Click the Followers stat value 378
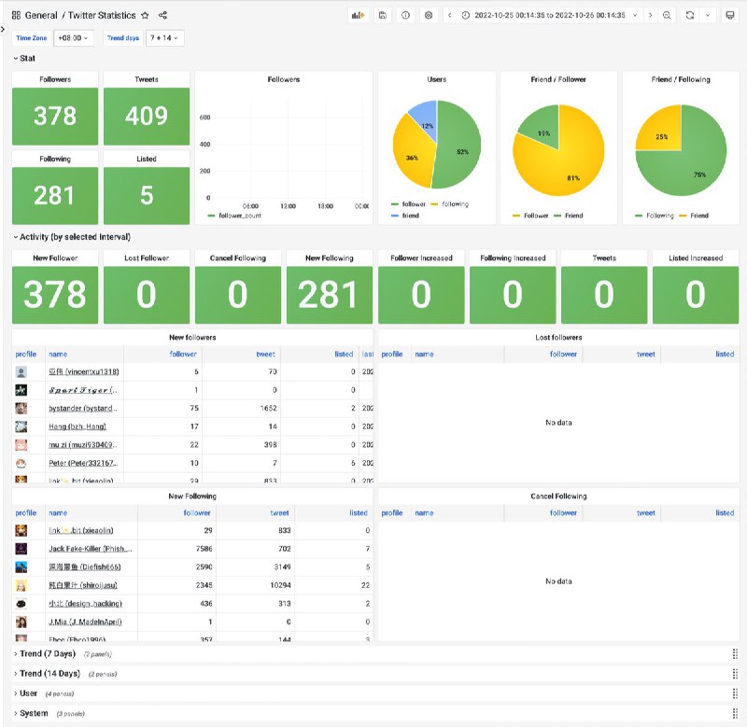point(54,116)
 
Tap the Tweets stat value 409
point(146,116)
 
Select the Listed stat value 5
point(146,195)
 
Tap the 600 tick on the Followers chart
point(204,117)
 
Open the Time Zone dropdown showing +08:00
point(74,38)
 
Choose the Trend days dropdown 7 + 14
point(164,38)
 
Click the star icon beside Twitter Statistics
point(145,16)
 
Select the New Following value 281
point(329,294)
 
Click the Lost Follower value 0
point(146,294)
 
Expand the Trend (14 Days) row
point(50,673)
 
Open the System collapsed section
point(34,713)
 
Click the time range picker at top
point(550,16)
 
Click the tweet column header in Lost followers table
point(645,355)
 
